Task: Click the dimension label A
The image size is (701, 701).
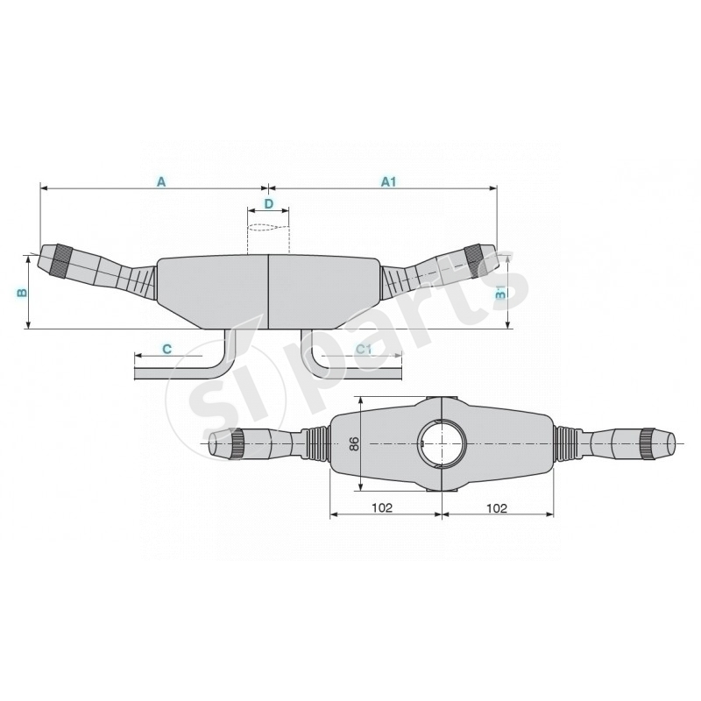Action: click(160, 181)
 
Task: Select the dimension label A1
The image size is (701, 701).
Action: click(389, 181)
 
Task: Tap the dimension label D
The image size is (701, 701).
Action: click(269, 203)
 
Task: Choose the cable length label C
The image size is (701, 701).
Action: click(166, 348)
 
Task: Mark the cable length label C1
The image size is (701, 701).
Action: click(365, 348)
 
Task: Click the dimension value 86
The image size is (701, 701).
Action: click(354, 443)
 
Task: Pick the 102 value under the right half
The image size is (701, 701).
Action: click(496, 507)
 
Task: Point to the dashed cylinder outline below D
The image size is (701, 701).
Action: click(268, 238)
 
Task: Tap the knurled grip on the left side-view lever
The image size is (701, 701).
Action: click(62, 260)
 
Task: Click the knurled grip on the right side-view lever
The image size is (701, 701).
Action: click(473, 260)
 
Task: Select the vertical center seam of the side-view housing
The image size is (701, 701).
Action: click(267, 289)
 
